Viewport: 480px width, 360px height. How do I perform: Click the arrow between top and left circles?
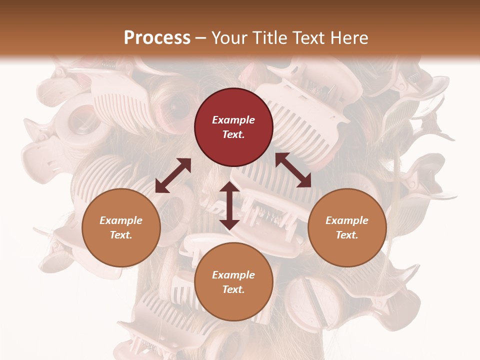click(173, 175)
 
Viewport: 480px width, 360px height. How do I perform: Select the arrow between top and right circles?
click(293, 170)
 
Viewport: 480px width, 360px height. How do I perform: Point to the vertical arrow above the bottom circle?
click(229, 205)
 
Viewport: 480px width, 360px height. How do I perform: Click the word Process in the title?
click(157, 38)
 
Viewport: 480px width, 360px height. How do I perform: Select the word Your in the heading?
click(229, 38)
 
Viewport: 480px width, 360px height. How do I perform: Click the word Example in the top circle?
click(233, 120)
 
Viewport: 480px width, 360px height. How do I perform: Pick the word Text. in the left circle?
click(121, 235)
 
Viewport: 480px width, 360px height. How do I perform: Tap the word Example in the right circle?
click(347, 220)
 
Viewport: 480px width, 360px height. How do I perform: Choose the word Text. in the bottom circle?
click(233, 289)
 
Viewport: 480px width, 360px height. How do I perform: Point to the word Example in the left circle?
click(121, 220)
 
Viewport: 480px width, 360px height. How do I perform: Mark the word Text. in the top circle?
click(233, 134)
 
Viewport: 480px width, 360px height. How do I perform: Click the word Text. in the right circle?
click(347, 235)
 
